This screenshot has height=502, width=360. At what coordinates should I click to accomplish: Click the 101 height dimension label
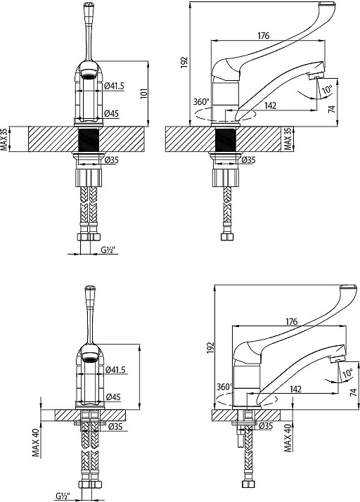coord(144,94)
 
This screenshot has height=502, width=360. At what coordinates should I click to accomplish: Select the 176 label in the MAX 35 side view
coord(264,36)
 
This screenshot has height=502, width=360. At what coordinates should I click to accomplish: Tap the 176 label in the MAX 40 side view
coord(292,321)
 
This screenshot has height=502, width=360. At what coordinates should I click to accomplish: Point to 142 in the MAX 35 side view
coord(271,105)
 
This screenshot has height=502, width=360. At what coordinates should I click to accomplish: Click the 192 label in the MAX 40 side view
coord(210,348)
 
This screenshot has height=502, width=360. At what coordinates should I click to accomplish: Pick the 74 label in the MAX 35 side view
coord(332,109)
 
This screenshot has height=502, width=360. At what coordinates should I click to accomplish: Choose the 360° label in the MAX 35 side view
coord(201,102)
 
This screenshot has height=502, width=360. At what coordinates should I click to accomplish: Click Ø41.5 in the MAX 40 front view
coord(115,370)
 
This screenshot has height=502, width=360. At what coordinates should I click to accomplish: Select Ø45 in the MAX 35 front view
coord(112,113)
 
